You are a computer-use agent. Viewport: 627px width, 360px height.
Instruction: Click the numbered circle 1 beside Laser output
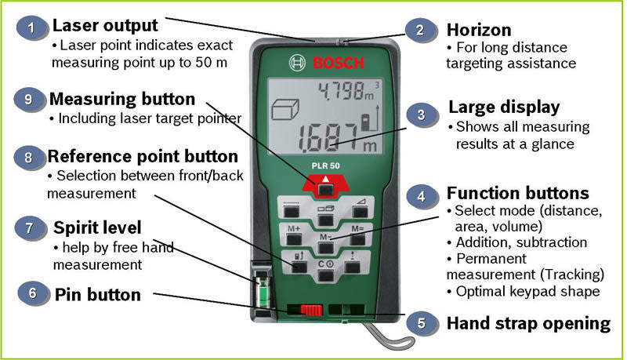tap(31, 29)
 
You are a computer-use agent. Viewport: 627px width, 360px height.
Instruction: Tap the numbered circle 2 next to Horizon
tap(421, 31)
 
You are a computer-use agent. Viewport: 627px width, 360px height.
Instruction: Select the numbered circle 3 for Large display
tap(421, 115)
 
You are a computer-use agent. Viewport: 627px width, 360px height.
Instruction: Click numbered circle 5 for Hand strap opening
tap(421, 321)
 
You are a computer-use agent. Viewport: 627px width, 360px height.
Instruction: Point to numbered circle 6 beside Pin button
tap(32, 293)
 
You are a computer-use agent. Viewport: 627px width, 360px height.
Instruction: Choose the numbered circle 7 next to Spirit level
tap(29, 228)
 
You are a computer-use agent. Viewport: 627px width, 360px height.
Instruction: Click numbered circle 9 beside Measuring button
tap(29, 100)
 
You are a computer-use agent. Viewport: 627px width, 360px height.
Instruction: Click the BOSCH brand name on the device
tap(336, 63)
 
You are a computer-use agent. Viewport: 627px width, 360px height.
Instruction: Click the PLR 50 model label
tap(326, 166)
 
